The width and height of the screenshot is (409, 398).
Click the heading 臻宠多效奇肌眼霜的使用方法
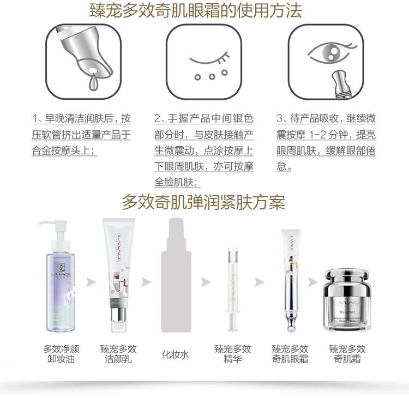(x=196, y=11)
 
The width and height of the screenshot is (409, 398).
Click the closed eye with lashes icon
(x=210, y=58)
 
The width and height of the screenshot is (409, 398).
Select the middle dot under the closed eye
(x=212, y=76)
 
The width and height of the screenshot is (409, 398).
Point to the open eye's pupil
(x=330, y=53)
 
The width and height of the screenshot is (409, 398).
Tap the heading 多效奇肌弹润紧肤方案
(x=203, y=202)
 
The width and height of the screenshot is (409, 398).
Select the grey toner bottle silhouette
(x=176, y=275)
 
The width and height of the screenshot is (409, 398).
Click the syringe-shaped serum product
(x=233, y=290)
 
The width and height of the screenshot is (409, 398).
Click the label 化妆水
(x=175, y=354)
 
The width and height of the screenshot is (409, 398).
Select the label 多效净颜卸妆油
(x=61, y=354)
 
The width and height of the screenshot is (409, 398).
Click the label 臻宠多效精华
(x=232, y=354)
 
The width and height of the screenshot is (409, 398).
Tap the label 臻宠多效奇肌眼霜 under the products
(x=290, y=354)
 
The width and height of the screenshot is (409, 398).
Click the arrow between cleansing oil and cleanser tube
(x=91, y=282)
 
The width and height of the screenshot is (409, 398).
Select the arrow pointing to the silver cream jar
(x=313, y=282)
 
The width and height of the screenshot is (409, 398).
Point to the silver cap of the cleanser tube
(x=119, y=319)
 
